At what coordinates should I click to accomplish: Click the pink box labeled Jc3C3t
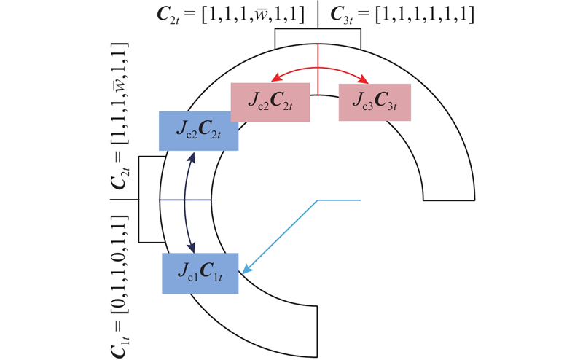[x=375, y=102]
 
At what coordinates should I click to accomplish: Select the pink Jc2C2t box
[x=270, y=102]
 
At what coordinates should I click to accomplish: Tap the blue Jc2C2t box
[x=198, y=131]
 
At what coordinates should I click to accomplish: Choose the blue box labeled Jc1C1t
[x=200, y=273]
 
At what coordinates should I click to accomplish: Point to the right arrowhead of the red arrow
[x=364, y=79]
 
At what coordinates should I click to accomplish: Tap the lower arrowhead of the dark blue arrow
[x=191, y=248]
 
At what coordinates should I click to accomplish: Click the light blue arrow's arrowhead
[x=246, y=270]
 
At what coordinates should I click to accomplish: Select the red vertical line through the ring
[x=318, y=69]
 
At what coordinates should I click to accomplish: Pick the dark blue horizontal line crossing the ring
[x=186, y=200]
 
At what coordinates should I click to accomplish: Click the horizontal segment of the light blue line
[x=339, y=200]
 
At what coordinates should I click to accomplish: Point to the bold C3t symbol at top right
[x=341, y=15]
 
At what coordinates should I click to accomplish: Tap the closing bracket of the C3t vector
[x=471, y=15]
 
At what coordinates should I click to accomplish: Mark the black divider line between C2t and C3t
[x=318, y=15]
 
